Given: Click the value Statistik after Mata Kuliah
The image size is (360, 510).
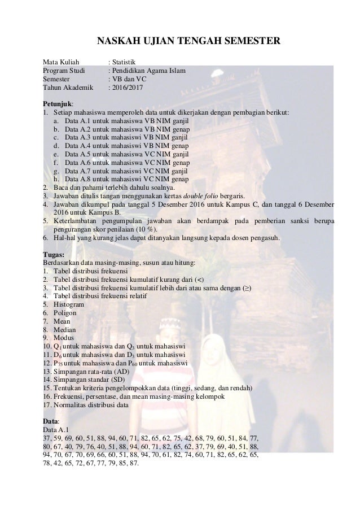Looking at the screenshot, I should (124, 61).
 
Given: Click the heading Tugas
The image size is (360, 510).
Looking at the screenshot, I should (54, 254).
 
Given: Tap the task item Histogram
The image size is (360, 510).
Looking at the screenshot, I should (69, 304).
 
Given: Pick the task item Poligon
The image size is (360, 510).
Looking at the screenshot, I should (65, 312).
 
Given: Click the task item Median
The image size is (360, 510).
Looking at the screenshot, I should (64, 329).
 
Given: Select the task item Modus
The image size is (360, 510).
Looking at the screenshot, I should (64, 338).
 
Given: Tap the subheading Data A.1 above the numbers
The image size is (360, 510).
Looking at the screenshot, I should (57, 429).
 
